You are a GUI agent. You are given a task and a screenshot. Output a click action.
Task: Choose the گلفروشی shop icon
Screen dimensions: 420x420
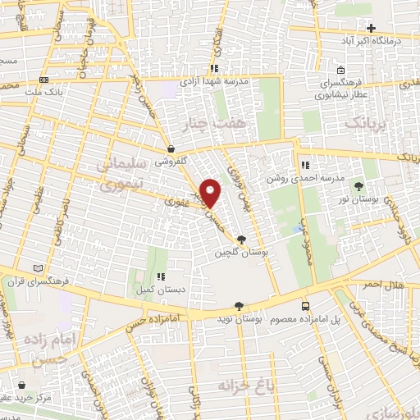(x=170, y=149)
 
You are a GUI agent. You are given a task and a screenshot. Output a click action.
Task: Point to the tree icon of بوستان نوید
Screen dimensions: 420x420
(x=239, y=305)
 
